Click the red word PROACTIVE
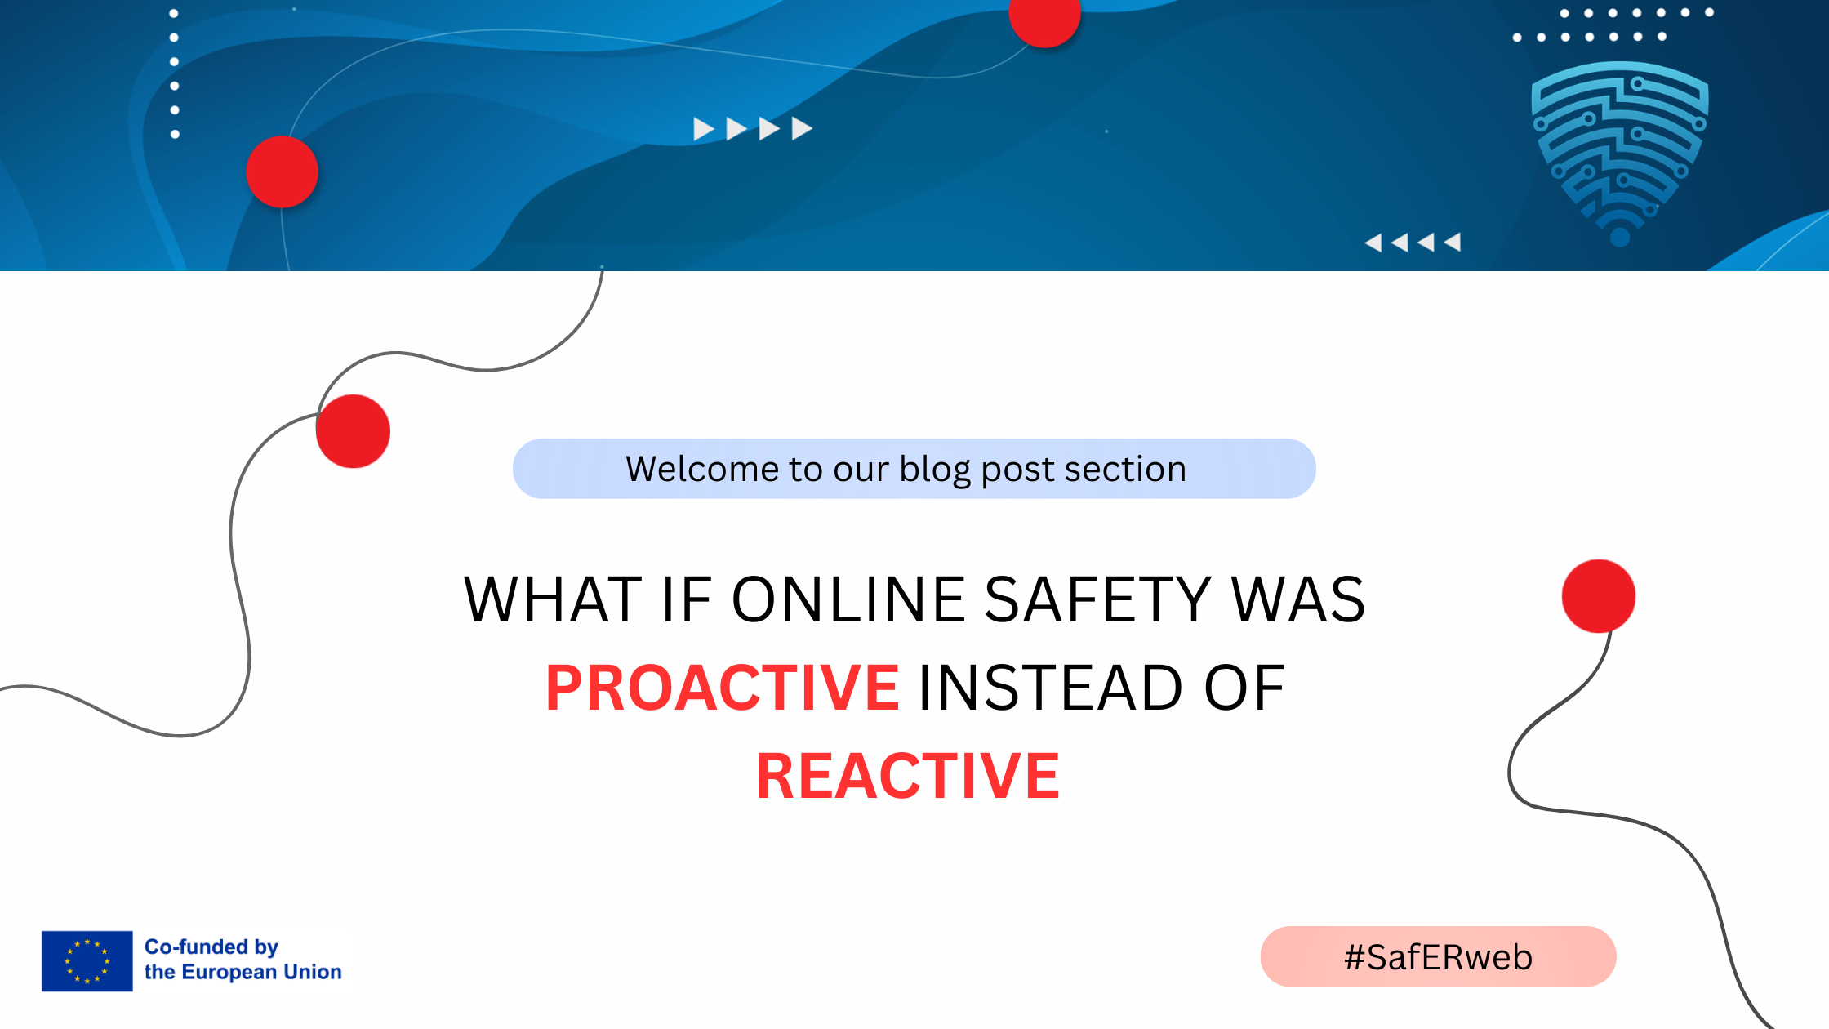click(723, 688)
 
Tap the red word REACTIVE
click(908, 776)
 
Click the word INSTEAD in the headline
click(1051, 688)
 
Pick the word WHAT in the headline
click(553, 599)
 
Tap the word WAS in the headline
click(1298, 599)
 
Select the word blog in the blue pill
click(935, 470)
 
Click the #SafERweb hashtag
click(1439, 957)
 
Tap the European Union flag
click(87, 961)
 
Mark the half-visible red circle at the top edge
click(1045, 18)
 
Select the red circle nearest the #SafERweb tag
click(1599, 596)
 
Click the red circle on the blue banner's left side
click(282, 171)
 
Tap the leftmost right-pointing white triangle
click(704, 129)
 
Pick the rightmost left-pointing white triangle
click(1452, 242)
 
